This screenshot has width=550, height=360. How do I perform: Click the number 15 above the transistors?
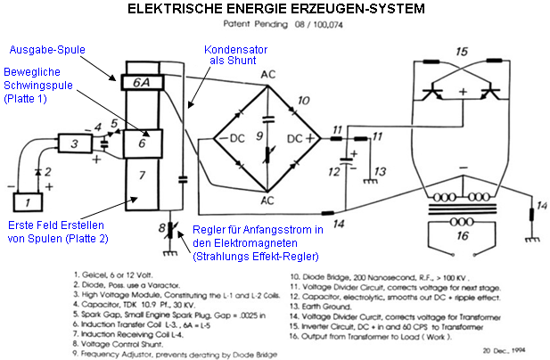click(x=461, y=52)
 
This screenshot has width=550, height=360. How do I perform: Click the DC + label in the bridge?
click(x=300, y=139)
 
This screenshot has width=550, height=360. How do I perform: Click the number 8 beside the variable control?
click(x=163, y=230)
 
